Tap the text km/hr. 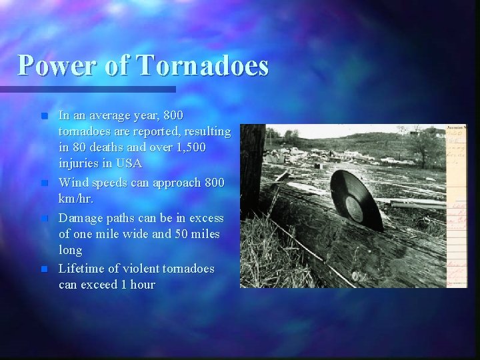point(76,199)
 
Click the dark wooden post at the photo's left point(251,167)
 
